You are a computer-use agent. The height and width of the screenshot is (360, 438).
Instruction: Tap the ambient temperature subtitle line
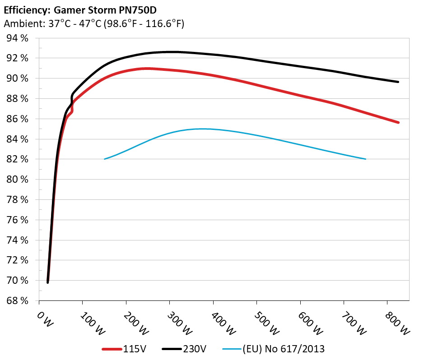click(x=93, y=24)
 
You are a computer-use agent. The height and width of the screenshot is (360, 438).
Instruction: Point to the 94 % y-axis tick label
click(x=18, y=38)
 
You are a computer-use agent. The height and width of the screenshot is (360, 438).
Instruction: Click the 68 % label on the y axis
click(x=18, y=301)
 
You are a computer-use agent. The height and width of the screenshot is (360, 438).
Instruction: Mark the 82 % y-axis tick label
click(x=18, y=159)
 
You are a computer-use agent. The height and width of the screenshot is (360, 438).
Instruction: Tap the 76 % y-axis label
click(x=18, y=220)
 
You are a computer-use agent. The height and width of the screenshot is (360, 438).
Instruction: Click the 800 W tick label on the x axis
click(x=398, y=323)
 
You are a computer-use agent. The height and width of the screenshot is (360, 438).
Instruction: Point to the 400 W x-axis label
click(x=224, y=323)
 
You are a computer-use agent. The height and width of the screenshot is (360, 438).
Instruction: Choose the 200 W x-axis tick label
click(x=137, y=323)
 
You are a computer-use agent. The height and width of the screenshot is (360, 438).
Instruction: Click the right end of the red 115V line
click(x=398, y=122)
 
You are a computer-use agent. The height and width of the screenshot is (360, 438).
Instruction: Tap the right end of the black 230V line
click(x=398, y=82)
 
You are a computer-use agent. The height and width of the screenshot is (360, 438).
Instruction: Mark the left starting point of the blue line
click(x=105, y=159)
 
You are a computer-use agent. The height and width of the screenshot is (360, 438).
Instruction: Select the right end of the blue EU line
click(x=365, y=159)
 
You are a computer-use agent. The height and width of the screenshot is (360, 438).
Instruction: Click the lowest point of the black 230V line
click(x=48, y=282)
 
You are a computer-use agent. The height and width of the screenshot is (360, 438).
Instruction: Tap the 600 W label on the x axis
click(x=311, y=323)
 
